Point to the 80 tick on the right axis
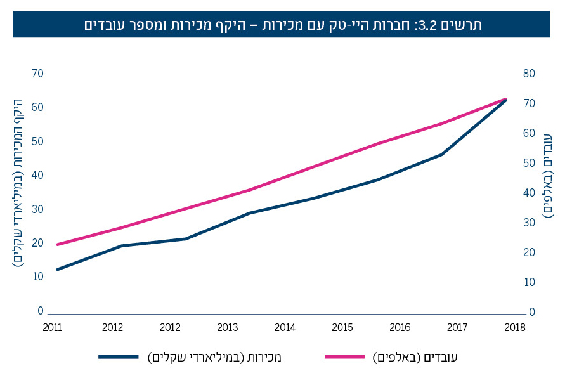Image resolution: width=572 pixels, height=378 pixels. click(529, 74)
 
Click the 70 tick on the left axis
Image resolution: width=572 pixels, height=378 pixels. click(37, 74)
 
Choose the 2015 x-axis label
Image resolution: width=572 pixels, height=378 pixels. click(343, 327)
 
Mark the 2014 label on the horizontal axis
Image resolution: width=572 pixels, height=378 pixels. click(285, 327)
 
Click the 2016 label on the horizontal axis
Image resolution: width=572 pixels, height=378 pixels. click(401, 327)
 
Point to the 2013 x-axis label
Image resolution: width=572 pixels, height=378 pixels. click(228, 327)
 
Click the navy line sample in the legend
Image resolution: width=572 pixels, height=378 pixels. click(119, 357)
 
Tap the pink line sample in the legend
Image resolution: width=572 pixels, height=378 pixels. click(344, 357)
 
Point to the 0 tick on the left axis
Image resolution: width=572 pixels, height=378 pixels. click(40, 311)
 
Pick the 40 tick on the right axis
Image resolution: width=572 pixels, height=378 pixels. click(529, 193)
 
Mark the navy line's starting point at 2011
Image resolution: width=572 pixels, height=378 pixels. click(57, 270)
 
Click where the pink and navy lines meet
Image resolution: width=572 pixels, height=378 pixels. click(505, 100)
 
